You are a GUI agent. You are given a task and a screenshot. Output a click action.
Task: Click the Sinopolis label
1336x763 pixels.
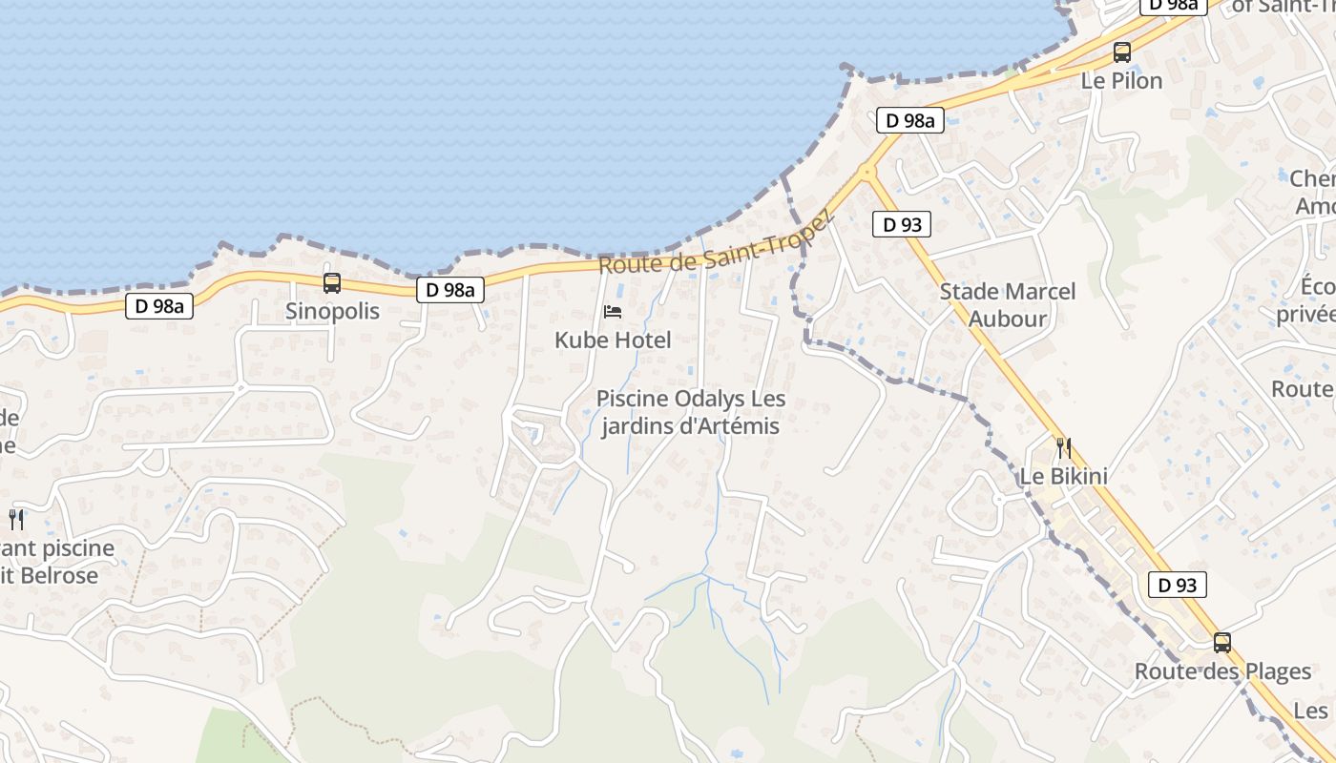click(332, 311)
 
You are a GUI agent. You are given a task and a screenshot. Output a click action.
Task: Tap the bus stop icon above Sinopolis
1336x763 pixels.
click(332, 282)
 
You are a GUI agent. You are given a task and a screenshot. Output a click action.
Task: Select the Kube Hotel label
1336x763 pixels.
click(613, 340)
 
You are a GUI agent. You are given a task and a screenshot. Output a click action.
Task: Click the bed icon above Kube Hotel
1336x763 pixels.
click(613, 311)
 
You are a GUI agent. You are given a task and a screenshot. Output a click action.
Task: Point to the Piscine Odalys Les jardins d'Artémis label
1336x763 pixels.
click(690, 412)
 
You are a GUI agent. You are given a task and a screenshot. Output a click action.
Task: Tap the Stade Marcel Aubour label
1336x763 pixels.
click(1007, 305)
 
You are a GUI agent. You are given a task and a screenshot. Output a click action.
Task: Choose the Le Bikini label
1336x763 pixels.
click(1063, 476)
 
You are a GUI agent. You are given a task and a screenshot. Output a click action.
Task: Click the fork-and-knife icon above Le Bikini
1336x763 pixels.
click(1063, 447)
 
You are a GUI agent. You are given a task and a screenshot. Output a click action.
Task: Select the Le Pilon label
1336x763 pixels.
click(1121, 81)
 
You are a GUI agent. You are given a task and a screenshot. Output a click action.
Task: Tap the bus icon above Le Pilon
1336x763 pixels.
click(1122, 52)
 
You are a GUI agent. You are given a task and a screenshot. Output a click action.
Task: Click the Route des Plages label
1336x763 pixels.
click(1221, 671)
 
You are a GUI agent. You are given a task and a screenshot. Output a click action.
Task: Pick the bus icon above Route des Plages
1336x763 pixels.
click(1222, 642)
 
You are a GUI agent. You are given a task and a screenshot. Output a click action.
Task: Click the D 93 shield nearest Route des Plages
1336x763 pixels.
click(1177, 585)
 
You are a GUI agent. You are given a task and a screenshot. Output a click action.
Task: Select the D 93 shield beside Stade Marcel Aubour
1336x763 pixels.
click(901, 225)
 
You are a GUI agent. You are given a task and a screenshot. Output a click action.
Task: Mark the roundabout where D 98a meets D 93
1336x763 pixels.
click(866, 173)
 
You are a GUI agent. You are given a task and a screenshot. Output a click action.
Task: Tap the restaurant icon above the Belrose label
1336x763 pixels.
click(16, 519)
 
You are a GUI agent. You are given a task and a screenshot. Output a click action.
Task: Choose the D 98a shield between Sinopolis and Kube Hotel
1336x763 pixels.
click(449, 290)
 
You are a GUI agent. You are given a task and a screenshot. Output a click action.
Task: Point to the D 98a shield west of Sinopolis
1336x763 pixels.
click(159, 306)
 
